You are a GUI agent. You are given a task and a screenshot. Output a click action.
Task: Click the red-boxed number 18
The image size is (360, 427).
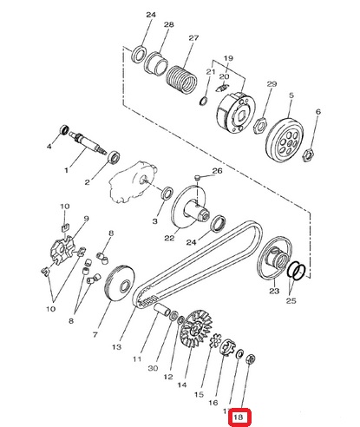coord(238,417)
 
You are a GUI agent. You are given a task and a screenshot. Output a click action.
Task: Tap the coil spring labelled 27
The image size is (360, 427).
coord(181,80)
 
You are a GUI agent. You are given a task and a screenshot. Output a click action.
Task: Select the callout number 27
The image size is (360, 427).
coord(193,38)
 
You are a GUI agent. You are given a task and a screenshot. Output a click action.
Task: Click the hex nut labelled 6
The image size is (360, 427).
coord(308,154)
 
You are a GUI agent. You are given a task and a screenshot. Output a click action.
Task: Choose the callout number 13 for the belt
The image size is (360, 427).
coord(116,346)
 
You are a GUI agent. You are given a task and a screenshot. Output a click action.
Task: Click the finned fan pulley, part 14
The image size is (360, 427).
coord(196,328)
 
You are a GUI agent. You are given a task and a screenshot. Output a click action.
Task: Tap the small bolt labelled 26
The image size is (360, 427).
coord(198,177)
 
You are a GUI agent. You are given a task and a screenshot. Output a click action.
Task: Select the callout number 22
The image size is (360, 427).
coord(169,238)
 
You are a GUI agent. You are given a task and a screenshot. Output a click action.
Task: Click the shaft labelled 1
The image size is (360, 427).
coord(88,143)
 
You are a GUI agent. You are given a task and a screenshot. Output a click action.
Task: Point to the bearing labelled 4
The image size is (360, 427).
coord(64,129)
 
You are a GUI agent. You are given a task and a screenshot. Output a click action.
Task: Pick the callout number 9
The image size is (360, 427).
coord(86,219)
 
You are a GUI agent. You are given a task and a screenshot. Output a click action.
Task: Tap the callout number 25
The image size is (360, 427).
coord(291,300)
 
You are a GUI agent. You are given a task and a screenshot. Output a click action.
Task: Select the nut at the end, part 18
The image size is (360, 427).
coord(251,359)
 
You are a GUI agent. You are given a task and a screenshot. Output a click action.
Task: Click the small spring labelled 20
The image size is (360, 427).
coord(223,88)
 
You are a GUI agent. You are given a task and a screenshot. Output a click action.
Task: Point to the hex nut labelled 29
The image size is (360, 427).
coord(261,126)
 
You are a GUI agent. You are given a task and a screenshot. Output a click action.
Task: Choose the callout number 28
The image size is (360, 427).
coord(169,24)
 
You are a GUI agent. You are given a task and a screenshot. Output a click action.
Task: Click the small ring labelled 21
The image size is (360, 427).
coord(204,102)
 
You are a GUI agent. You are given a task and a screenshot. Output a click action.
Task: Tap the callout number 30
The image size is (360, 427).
coord(153,368)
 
